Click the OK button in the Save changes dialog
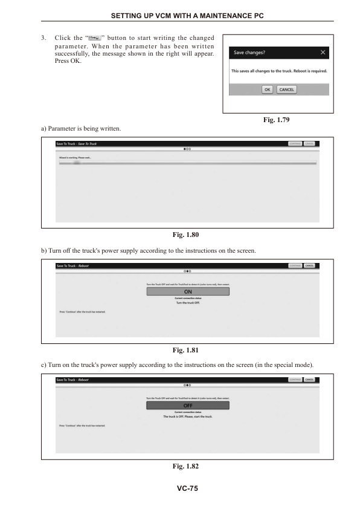coord(268,89)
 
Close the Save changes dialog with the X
coord(324,53)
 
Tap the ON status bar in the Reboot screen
coord(188,291)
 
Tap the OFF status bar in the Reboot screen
coord(188,406)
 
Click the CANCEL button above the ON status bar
coord(309,265)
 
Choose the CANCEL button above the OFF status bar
coord(309,380)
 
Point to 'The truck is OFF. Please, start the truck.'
coord(188,417)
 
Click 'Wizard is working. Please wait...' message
coord(71,157)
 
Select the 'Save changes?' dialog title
coord(249,53)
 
